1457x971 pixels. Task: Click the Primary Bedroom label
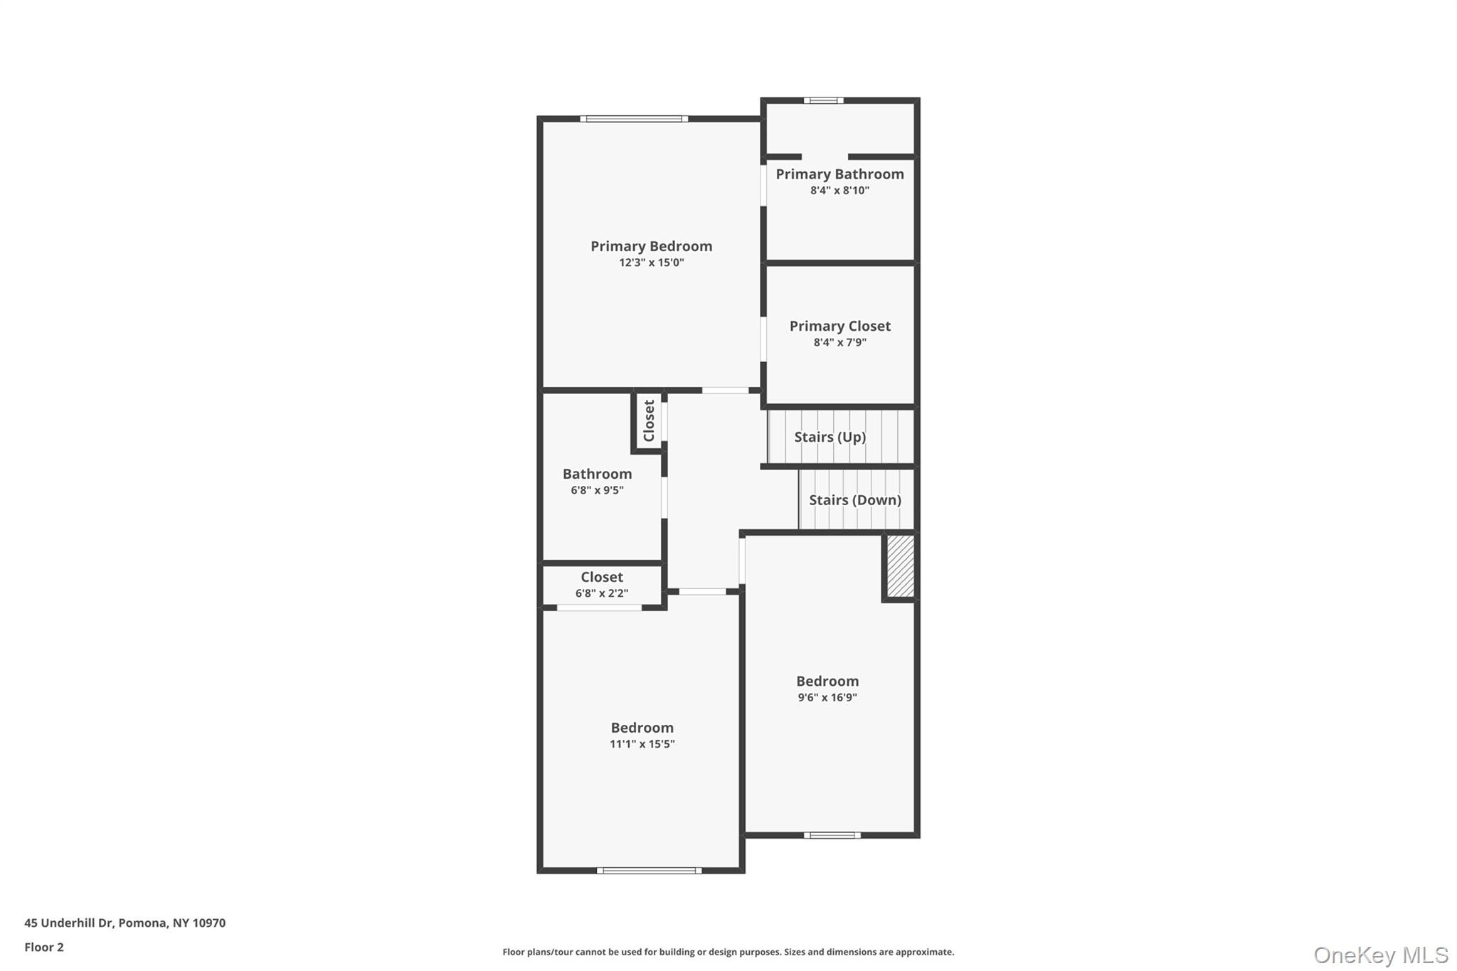point(651,246)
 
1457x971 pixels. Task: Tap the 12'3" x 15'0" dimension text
point(651,262)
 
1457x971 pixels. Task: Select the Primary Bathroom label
point(839,174)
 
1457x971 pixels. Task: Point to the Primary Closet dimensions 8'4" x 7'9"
point(839,342)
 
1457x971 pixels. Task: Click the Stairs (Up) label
point(830,437)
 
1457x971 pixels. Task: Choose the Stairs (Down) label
point(854,500)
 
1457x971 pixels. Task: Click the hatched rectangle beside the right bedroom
point(900,566)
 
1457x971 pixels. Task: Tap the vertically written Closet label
point(649,420)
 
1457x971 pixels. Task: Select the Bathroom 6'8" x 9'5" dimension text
point(597,490)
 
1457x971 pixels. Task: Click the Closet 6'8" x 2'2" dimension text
point(601,593)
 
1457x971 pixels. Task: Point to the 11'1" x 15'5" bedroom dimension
point(642,744)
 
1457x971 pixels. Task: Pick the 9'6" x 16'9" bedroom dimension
point(827,698)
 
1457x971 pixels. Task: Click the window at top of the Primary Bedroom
point(633,119)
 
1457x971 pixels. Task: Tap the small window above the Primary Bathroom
point(823,101)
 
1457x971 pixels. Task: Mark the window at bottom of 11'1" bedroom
point(649,870)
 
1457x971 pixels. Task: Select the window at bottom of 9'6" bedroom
point(832,835)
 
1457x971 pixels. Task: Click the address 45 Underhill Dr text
point(124,923)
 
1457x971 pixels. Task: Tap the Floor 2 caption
point(44,948)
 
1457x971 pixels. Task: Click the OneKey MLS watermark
point(1380,955)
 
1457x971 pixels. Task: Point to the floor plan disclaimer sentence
point(728,952)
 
